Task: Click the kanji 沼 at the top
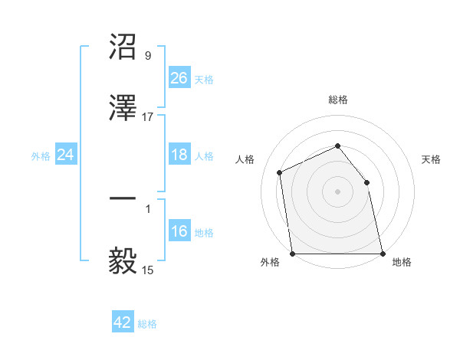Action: tap(123, 47)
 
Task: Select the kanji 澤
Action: tap(123, 109)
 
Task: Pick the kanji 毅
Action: tap(123, 260)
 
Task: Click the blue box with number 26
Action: tap(179, 78)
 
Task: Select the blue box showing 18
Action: tap(179, 155)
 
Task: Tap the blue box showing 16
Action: tap(179, 232)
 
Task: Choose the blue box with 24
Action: tap(66, 155)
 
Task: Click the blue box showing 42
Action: tap(123, 323)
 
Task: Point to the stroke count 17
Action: tap(148, 117)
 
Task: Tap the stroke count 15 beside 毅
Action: tap(148, 270)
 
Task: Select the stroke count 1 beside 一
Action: tap(148, 208)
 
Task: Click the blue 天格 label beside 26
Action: tap(204, 79)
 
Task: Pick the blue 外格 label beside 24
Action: tap(41, 156)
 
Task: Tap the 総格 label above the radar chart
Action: tap(338, 100)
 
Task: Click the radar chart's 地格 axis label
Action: tap(402, 262)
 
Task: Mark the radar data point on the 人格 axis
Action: tap(280, 172)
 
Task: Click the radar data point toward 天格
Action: tap(366, 182)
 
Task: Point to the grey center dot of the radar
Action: tap(338, 191)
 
